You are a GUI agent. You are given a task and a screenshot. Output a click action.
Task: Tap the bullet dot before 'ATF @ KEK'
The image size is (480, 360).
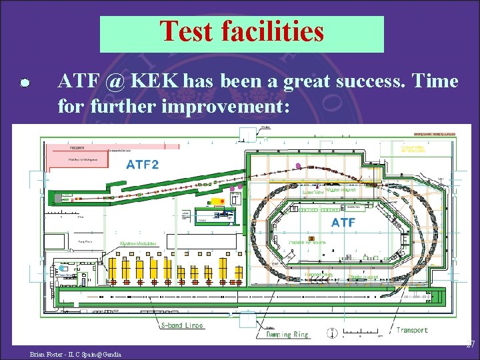point(24,83)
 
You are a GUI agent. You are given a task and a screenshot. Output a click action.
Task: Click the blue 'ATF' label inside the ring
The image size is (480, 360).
point(343,223)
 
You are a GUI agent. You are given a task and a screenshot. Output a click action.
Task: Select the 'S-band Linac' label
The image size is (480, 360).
point(182,325)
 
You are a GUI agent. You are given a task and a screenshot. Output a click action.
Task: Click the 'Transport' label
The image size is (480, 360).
point(412,329)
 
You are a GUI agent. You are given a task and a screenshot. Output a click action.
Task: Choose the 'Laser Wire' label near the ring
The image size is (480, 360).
point(313,192)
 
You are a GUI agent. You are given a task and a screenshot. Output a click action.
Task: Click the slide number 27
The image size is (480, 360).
point(469,344)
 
